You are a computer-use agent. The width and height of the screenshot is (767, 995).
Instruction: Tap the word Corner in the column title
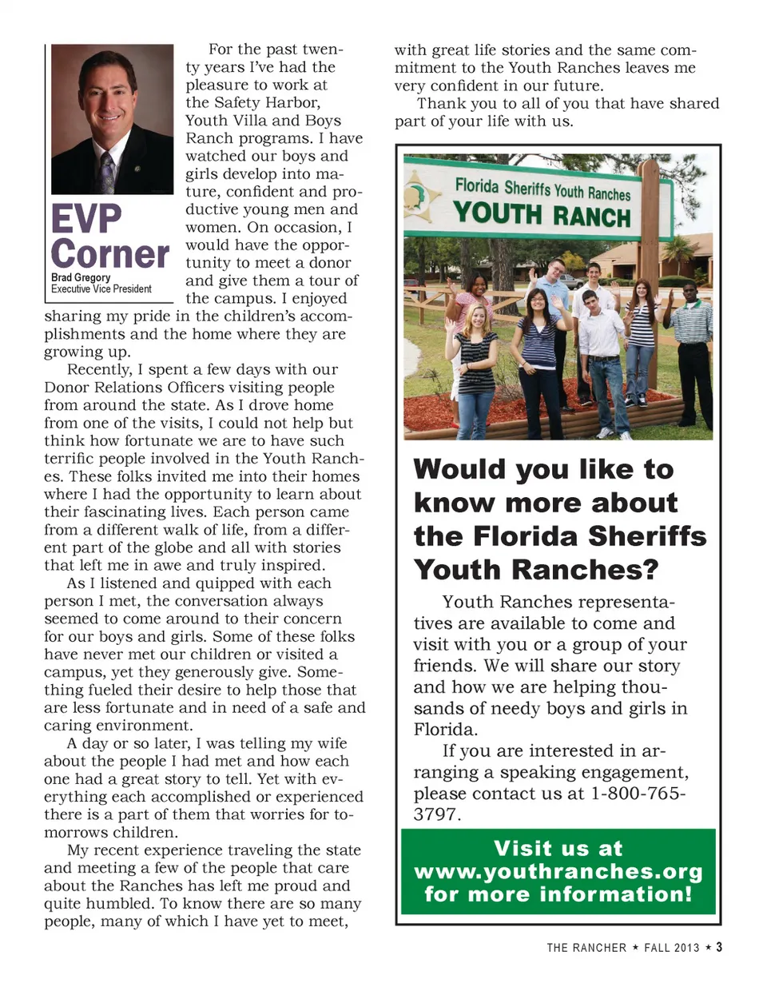(x=110, y=255)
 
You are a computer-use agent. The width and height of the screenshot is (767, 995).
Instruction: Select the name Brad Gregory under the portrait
(x=81, y=277)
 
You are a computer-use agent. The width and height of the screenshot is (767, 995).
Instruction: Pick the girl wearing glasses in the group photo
(x=535, y=352)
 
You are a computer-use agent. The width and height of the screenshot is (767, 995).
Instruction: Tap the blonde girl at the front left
(x=477, y=368)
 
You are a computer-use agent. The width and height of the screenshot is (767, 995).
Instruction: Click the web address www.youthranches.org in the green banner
(x=558, y=871)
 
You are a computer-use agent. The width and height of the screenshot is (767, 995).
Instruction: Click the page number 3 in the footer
(x=719, y=947)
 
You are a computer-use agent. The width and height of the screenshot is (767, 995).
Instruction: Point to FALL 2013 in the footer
(x=671, y=948)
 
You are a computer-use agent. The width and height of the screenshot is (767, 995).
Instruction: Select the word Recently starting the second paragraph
(x=100, y=370)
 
